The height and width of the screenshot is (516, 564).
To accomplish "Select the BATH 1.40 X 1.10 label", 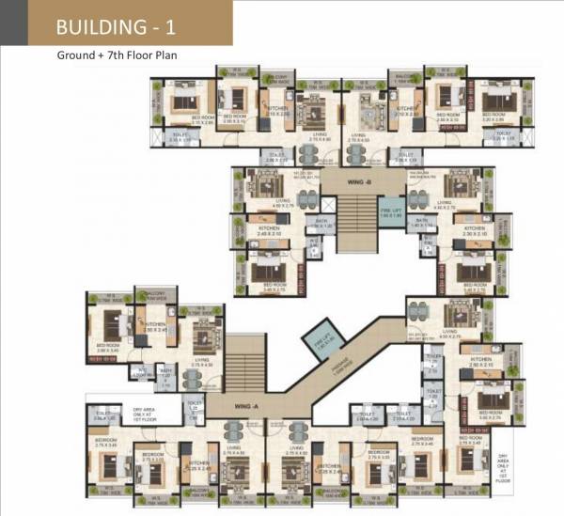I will pyautogui.click(x=424, y=223).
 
